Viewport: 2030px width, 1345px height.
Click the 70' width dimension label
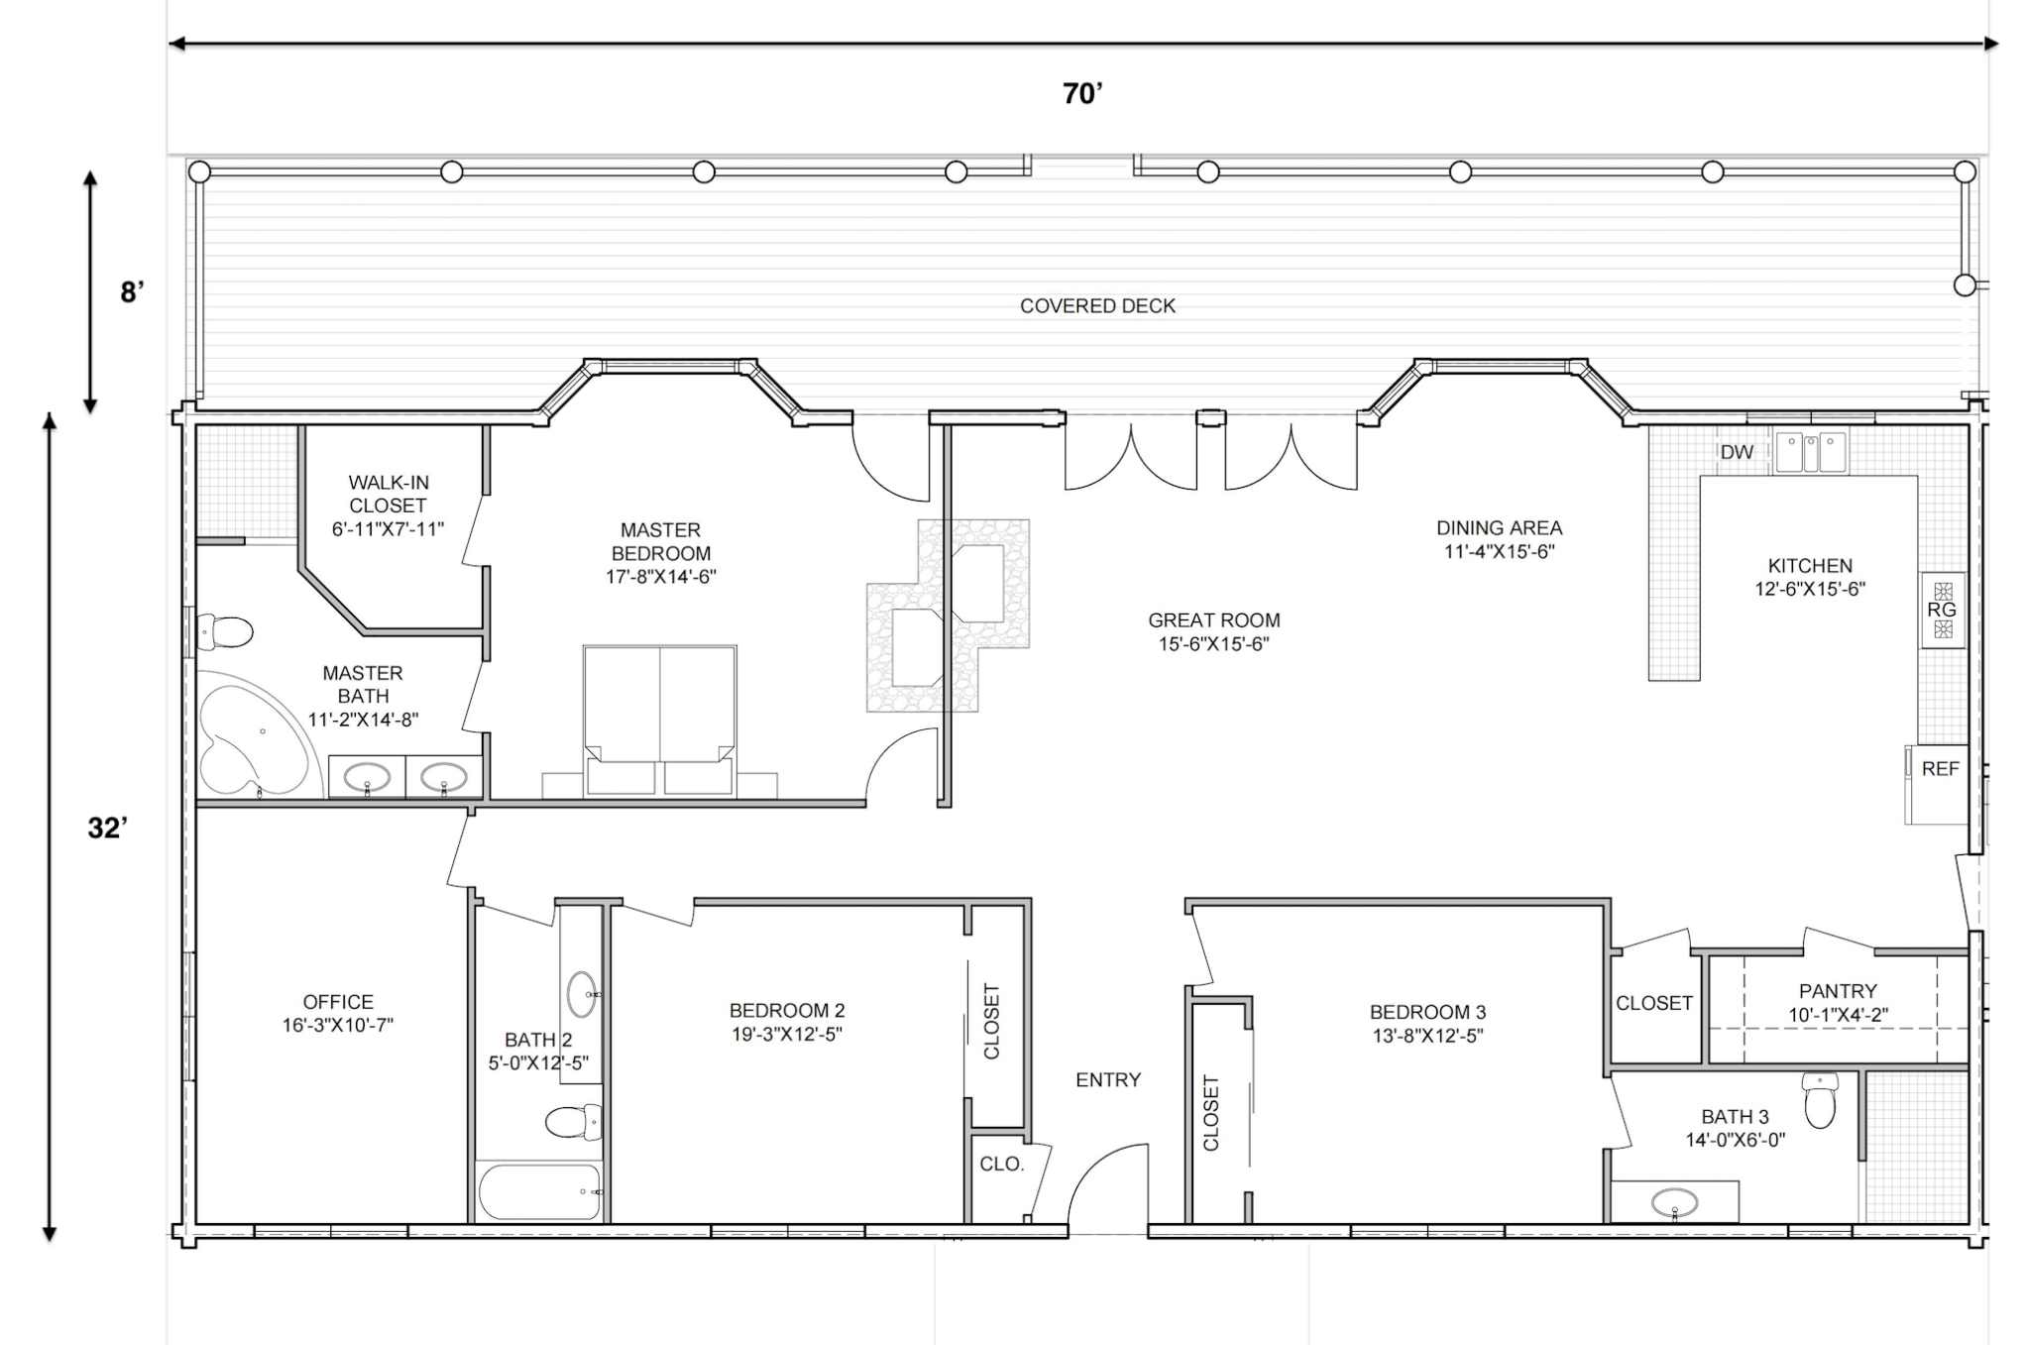pos(1082,93)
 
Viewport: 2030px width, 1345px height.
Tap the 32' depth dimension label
pos(107,828)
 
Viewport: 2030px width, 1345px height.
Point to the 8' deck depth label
pos(132,292)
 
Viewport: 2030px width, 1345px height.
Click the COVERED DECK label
pos(1097,306)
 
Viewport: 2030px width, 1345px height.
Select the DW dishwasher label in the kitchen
pos(1737,452)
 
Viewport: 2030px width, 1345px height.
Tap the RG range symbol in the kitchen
pos(1942,610)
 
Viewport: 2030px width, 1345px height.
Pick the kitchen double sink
pos(1811,452)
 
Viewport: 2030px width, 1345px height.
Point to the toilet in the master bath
pos(224,631)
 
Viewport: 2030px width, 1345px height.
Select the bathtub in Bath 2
pos(540,1191)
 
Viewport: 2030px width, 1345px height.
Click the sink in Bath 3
pos(1675,1202)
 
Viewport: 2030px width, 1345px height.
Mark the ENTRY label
pos(1108,1079)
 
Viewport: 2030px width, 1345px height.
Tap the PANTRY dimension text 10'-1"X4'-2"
pos(1838,1015)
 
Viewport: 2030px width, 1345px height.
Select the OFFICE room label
pos(338,1002)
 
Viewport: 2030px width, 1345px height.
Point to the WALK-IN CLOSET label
pos(389,494)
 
